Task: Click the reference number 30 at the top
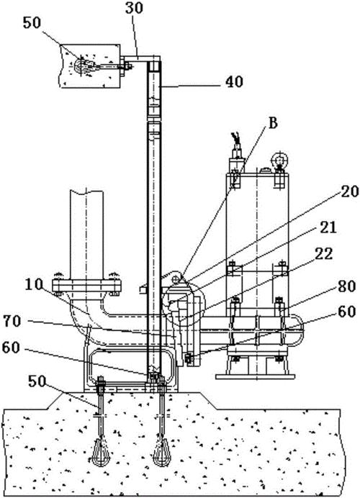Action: [135, 8]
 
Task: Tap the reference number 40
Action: [234, 82]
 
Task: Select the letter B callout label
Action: [273, 124]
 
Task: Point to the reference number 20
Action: [350, 191]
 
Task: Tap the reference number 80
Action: [346, 286]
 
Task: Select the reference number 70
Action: [12, 322]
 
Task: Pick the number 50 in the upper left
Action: [32, 24]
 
